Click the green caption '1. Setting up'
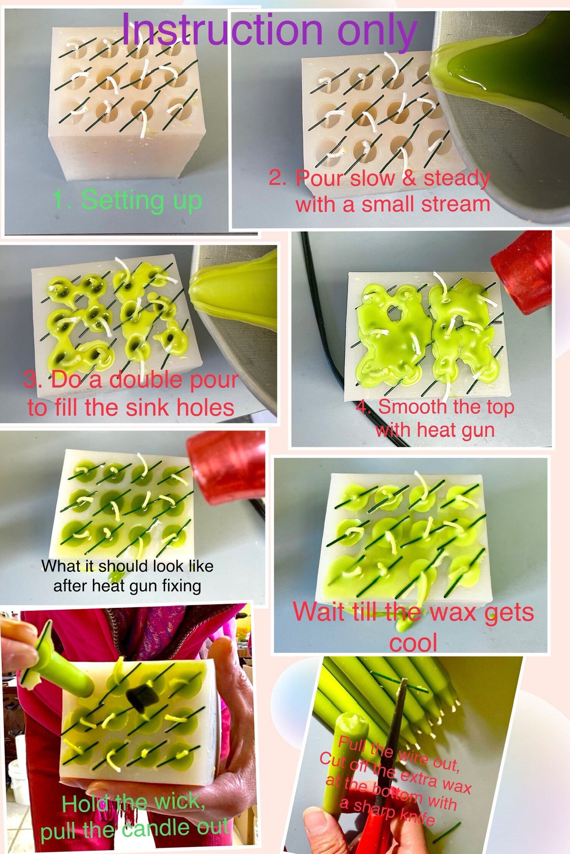[127, 200]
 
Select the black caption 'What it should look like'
[127, 566]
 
